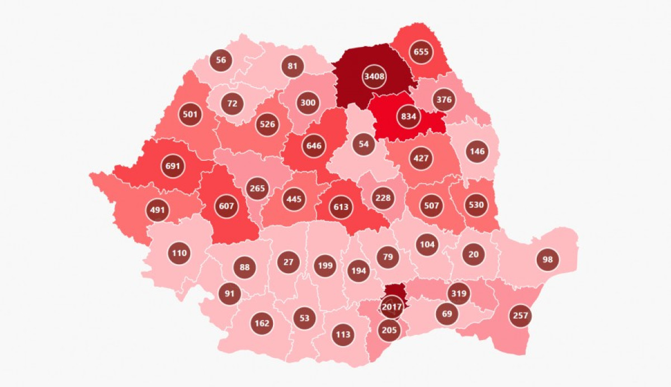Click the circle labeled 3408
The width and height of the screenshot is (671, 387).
(374, 77)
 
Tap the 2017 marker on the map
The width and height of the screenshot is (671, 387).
(391, 307)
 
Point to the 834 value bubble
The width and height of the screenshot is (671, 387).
(409, 117)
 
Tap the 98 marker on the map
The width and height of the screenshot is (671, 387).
(547, 259)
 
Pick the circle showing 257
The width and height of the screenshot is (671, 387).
(520, 316)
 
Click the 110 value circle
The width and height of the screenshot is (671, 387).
(179, 253)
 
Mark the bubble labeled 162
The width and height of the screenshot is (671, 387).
(262, 323)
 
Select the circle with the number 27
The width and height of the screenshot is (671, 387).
(289, 262)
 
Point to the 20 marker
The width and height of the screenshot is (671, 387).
(474, 254)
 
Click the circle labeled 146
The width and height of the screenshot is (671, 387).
(477, 151)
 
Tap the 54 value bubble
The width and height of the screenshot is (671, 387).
(364, 144)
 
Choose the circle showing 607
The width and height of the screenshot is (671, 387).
(227, 206)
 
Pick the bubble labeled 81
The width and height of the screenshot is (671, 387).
(292, 66)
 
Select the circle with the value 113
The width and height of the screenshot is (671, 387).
(343, 335)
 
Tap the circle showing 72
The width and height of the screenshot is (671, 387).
(232, 103)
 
